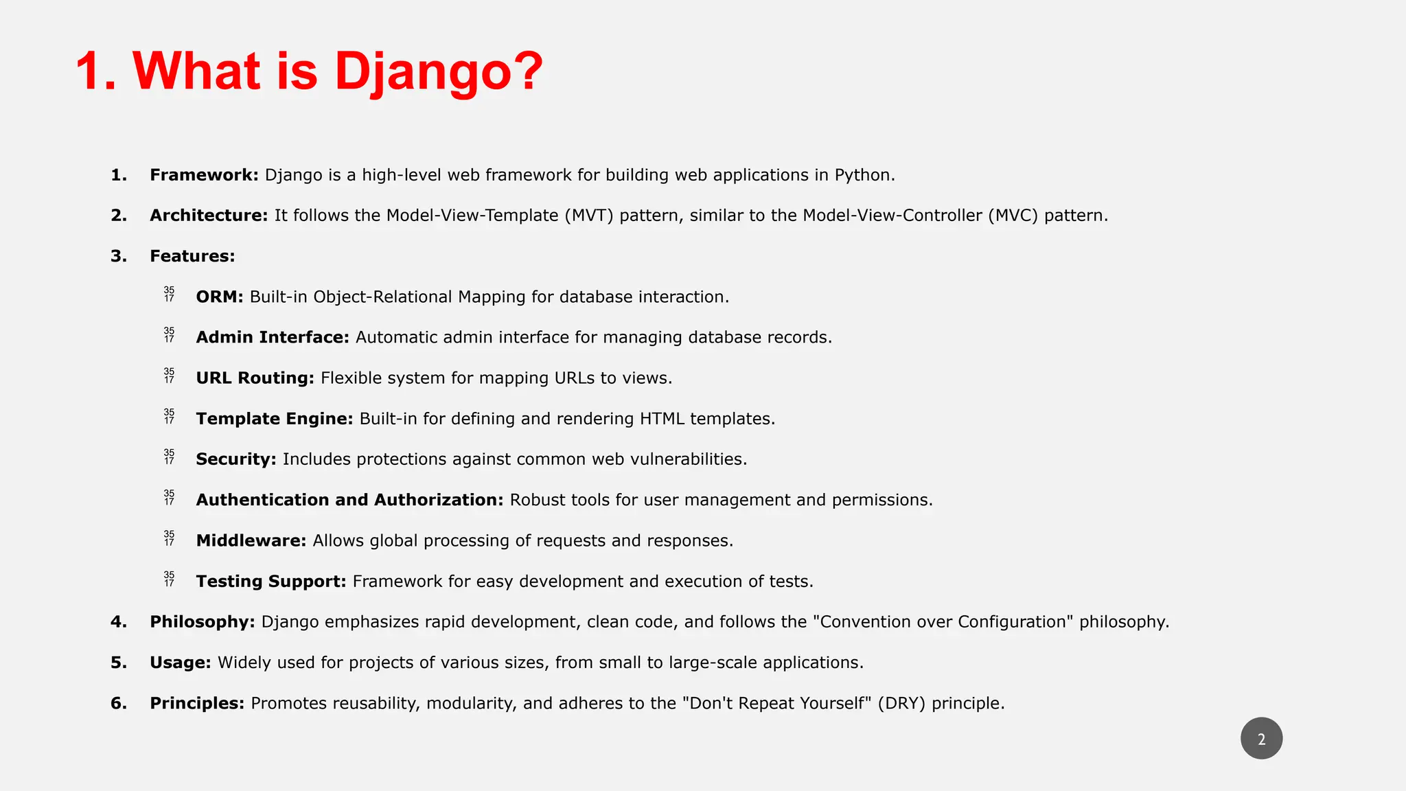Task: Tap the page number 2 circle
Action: [1261, 739]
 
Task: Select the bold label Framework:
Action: [204, 175]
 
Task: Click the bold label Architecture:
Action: [209, 216]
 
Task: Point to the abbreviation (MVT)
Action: [588, 216]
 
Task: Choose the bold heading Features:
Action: [192, 256]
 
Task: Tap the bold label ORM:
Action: [220, 297]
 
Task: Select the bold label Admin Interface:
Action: [273, 337]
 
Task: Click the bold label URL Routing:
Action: [255, 378]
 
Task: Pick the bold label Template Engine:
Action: [275, 419]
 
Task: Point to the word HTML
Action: [662, 419]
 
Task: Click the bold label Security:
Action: [236, 459]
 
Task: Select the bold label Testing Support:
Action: [271, 582]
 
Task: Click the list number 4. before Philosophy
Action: [119, 622]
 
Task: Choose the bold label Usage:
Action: [180, 663]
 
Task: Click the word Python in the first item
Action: [864, 175]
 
